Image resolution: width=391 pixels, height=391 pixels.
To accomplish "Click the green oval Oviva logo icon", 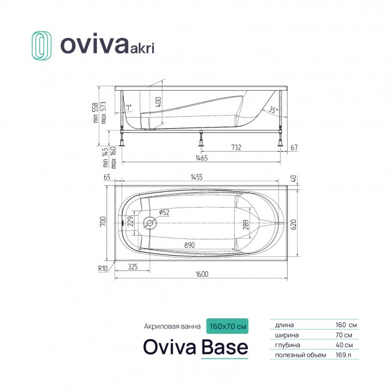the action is coord(42,46).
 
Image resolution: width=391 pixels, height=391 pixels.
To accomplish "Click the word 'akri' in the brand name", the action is coord(142,48).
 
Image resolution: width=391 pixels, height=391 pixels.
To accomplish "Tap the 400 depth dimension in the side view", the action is coord(159,102).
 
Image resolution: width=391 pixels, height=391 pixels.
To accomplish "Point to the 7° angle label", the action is coord(128,108).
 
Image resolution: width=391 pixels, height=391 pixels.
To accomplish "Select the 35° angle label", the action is coord(273,109).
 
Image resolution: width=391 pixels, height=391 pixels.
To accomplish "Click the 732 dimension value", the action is coord(236,147).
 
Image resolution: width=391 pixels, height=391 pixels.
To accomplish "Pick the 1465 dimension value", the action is coord(202,158).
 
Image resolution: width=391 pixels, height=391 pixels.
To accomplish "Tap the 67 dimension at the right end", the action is coord(294,147).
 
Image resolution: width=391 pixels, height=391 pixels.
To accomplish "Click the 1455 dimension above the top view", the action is coord(197,177).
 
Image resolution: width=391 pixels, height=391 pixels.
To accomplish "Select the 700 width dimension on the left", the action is coord(103,221).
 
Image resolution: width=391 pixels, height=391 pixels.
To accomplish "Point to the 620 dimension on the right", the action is coord(294,224).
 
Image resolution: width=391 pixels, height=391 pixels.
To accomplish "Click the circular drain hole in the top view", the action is coord(150,223).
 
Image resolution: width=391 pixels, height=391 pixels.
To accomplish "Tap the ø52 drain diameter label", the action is coord(164,212).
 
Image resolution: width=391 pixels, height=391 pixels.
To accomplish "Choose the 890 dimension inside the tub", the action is coord(189,245).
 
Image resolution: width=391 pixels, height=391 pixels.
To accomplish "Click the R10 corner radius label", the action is coord(102,268).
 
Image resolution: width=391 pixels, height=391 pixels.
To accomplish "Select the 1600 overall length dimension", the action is coord(202,274).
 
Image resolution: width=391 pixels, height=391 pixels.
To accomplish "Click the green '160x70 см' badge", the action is coord(227,326).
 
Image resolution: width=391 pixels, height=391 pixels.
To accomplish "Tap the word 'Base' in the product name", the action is coord(225,347).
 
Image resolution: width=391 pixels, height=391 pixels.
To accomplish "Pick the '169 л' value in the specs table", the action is coord(343,355).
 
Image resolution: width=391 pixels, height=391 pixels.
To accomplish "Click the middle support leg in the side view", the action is coord(201,138).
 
